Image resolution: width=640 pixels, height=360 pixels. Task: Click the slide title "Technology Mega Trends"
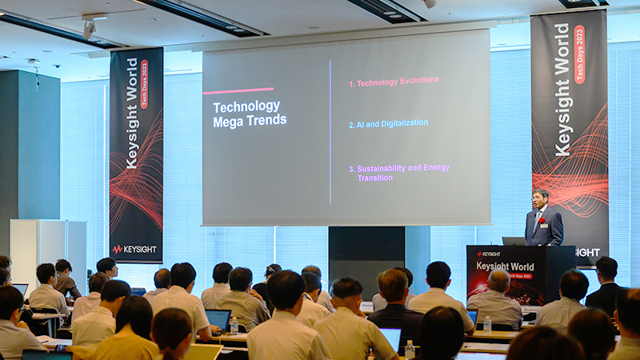click(x=249, y=113)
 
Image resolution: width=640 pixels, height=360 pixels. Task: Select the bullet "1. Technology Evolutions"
click(x=394, y=82)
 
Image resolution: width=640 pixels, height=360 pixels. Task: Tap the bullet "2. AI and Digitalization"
click(x=388, y=123)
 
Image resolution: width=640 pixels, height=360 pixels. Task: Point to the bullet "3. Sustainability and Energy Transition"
click(x=398, y=173)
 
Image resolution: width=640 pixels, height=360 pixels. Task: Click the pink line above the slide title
click(x=238, y=90)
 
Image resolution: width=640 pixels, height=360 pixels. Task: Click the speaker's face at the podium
click(x=542, y=198)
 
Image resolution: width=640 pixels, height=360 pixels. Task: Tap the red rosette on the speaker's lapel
click(x=541, y=220)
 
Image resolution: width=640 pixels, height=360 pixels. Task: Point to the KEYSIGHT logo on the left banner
click(x=134, y=249)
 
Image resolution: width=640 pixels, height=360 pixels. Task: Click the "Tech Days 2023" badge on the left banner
click(x=144, y=84)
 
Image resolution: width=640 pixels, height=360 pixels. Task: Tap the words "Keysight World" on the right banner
click(x=563, y=88)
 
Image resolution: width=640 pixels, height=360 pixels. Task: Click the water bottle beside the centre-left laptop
click(x=234, y=325)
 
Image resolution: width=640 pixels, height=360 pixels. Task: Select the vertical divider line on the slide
click(x=330, y=132)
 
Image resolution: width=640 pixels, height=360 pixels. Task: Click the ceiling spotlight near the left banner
click(x=89, y=29)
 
